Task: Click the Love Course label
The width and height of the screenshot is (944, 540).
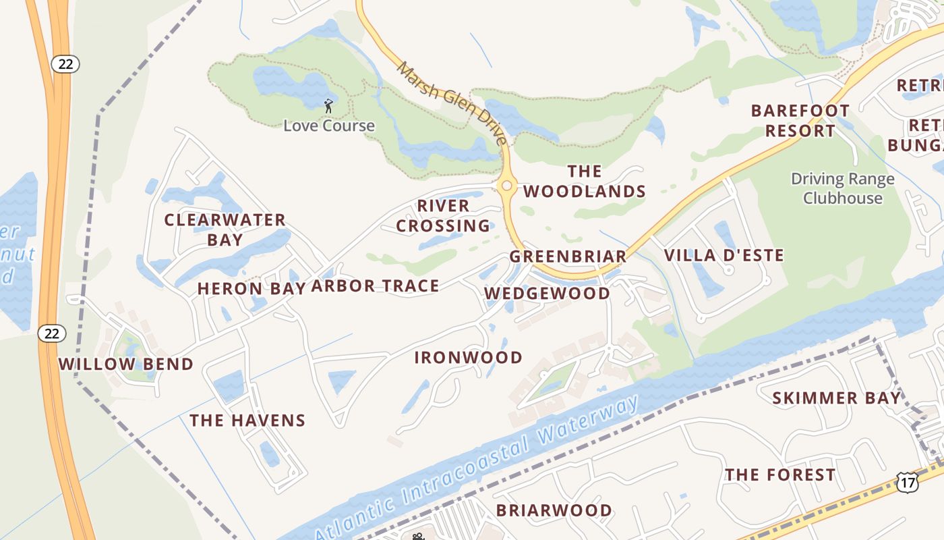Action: click(x=328, y=126)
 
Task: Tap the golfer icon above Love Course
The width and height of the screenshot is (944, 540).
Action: click(x=328, y=105)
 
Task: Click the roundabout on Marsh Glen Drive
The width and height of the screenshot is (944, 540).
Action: click(x=506, y=185)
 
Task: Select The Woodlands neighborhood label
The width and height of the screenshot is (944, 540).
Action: click(x=585, y=182)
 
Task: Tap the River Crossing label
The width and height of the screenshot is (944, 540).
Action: click(x=443, y=215)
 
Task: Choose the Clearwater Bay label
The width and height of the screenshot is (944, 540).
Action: click(x=225, y=230)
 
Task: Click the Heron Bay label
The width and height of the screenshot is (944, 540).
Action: click(x=252, y=289)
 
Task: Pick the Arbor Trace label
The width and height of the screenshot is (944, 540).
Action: click(x=375, y=286)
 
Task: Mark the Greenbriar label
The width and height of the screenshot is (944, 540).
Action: click(x=568, y=256)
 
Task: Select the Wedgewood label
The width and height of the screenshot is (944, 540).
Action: click(x=547, y=293)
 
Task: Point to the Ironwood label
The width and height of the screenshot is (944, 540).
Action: click(x=468, y=357)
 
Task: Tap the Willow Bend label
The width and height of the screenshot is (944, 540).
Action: click(x=125, y=364)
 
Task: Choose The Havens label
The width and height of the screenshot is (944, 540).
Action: click(x=247, y=421)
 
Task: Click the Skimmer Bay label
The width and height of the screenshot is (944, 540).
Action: click(x=836, y=398)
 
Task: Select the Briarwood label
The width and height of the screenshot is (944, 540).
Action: click(x=554, y=510)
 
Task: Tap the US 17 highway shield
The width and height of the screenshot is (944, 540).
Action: click(x=908, y=481)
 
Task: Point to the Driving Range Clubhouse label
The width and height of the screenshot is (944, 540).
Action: click(x=842, y=188)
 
